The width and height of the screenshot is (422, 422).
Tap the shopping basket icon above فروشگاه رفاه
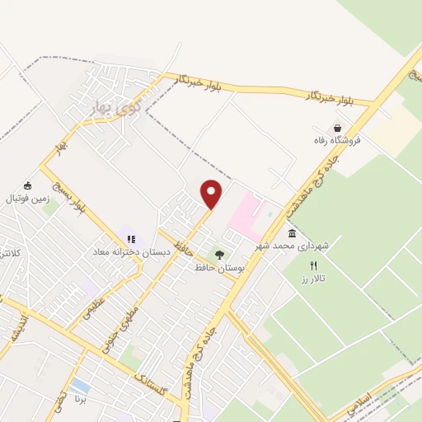pyautogui.click(x=337, y=128)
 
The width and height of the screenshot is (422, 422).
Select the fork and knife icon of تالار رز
pyautogui.click(x=312, y=265)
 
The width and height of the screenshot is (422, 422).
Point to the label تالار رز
pyautogui.click(x=313, y=279)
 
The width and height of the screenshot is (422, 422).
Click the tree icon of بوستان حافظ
pyautogui.click(x=219, y=255)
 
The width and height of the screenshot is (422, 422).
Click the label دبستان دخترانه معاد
pyautogui.click(x=130, y=252)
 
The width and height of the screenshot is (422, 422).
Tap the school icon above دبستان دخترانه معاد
pyautogui.click(x=130, y=239)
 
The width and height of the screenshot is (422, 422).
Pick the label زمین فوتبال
pyautogui.click(x=28, y=199)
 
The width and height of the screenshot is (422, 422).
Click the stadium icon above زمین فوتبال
pyautogui.click(x=28, y=185)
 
